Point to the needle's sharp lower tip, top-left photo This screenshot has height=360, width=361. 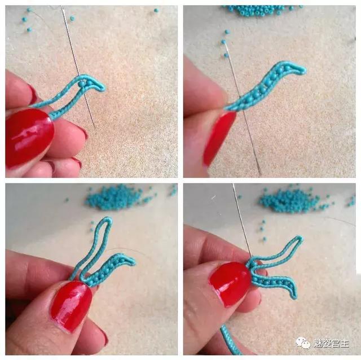(x=95, y=128)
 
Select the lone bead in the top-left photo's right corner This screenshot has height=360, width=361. (x=156, y=10)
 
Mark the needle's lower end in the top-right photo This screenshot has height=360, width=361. (x=260, y=174)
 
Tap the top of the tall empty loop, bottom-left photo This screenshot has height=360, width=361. (x=108, y=219)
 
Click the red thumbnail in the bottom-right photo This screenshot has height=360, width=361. (x=230, y=284)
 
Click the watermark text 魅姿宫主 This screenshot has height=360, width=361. (x=331, y=344)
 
